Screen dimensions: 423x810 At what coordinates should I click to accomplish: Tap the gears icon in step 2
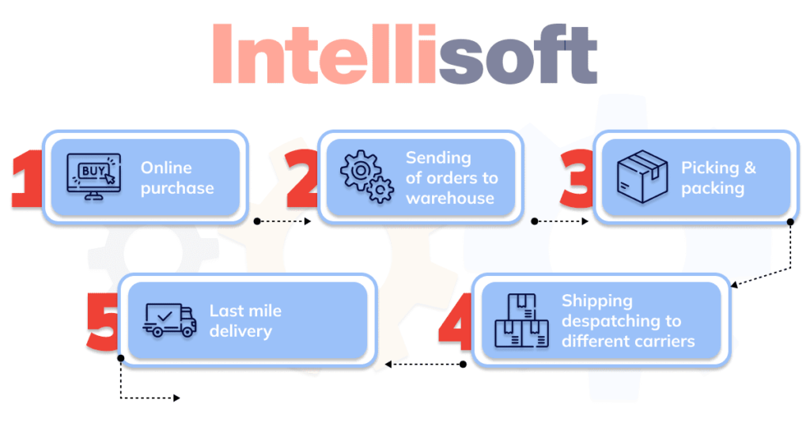point(366,178)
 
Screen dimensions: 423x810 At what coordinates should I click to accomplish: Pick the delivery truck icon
point(169,320)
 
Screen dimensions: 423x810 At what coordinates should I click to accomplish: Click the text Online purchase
point(177,178)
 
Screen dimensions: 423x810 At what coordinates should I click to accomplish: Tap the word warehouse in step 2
point(449,198)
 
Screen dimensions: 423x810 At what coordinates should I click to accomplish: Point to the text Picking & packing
point(718,178)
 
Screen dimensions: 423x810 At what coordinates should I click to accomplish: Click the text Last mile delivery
point(245,321)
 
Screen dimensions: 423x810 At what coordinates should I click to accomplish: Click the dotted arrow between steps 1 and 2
point(283,222)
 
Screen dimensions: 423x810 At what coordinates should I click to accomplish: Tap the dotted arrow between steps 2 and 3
point(559,222)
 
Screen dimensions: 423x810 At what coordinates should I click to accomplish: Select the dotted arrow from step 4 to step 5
point(424,364)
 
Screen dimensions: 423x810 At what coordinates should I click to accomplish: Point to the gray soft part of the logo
point(518,55)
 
